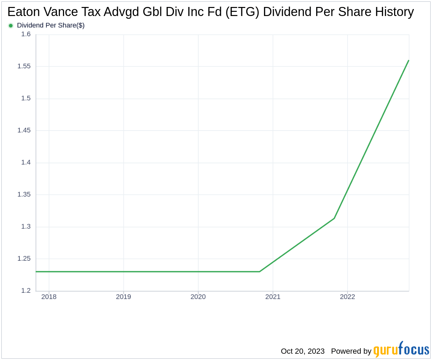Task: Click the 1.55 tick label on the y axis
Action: click(24, 66)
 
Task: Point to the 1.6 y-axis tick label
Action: click(26, 34)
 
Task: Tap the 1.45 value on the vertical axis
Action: click(24, 130)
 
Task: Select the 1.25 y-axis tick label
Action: click(24, 258)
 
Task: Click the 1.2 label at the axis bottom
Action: click(26, 290)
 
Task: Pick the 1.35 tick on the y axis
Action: click(24, 194)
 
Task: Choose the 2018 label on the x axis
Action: click(49, 297)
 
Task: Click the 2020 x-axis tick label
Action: click(198, 297)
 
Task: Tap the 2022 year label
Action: click(347, 297)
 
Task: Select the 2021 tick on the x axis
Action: click(273, 297)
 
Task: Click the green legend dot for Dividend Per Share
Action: click(11, 25)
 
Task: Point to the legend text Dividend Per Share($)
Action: click(51, 25)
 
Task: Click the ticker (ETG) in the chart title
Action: click(242, 12)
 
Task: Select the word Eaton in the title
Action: click(24, 12)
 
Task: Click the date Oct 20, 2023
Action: click(303, 351)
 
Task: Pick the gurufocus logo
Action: click(401, 350)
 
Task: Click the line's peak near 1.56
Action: click(408, 61)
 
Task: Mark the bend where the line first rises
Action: click(260, 272)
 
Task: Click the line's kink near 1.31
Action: click(334, 218)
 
